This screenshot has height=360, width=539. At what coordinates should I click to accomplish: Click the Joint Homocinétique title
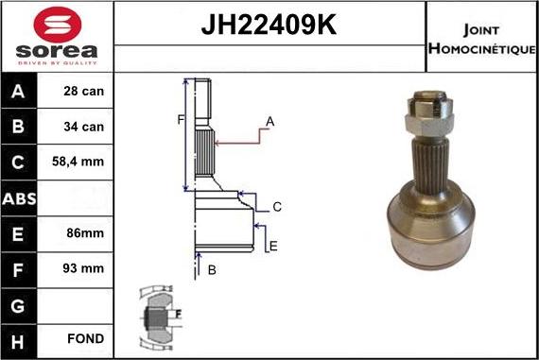[x=482, y=37]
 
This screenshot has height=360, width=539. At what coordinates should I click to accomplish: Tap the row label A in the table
[x=20, y=92]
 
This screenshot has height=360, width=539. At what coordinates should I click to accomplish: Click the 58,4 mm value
[x=78, y=162]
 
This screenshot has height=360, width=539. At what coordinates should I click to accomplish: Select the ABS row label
[x=20, y=197]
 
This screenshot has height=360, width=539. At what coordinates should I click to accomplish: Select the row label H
[x=20, y=338]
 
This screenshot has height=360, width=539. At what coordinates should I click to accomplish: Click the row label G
[x=20, y=303]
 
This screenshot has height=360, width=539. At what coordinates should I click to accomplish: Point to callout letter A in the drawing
[x=269, y=121]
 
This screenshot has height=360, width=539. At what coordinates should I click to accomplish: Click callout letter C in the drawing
[x=277, y=207]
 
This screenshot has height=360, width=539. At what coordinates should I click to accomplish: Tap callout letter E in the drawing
[x=272, y=246]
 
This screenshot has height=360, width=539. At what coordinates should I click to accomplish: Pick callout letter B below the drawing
[x=212, y=270]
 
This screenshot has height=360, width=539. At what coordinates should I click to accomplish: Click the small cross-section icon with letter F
[x=162, y=312]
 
